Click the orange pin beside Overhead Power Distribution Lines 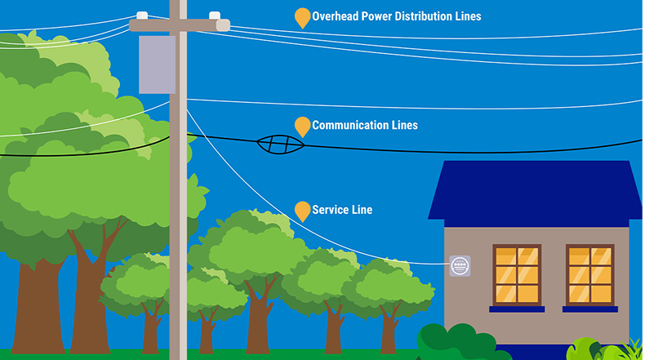[x=302, y=17]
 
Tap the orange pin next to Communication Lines [x=302, y=126]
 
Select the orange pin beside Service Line [x=302, y=211]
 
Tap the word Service [x=330, y=210]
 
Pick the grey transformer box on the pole [x=158, y=64]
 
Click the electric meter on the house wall [x=460, y=264]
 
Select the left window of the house [x=517, y=274]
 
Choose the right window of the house [x=589, y=274]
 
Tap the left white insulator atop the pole [x=142, y=15]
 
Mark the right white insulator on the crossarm [x=215, y=16]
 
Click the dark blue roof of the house [x=536, y=192]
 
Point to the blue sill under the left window [x=517, y=309]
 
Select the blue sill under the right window [x=589, y=309]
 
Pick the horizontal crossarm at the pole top [x=180, y=25]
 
